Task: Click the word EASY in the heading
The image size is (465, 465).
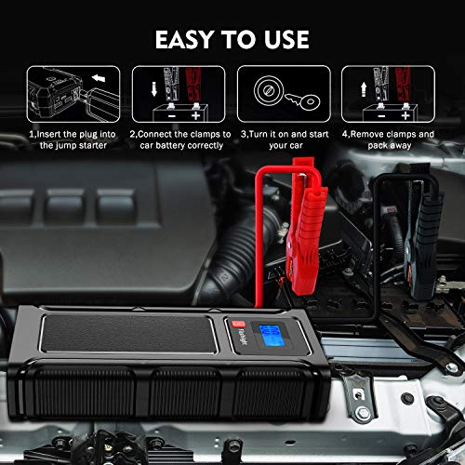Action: pyautogui.click(x=184, y=39)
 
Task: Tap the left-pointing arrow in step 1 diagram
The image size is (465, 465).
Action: pyautogui.click(x=99, y=78)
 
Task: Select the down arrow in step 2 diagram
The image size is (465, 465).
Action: pyautogui.click(x=154, y=89)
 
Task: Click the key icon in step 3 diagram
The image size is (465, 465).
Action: pyautogui.click(x=303, y=100)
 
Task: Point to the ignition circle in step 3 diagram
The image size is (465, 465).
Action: pyautogui.click(x=269, y=90)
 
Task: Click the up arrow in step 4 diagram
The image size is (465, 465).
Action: pyautogui.click(x=364, y=89)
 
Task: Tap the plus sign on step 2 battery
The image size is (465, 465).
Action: pyautogui.click(x=195, y=116)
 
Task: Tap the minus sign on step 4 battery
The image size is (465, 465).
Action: pyautogui.click(x=381, y=116)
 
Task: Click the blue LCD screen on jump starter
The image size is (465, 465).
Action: pyautogui.click(x=272, y=336)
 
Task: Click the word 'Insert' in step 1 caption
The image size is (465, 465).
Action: pyautogui.click(x=48, y=134)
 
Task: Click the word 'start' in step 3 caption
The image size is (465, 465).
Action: pyautogui.click(x=318, y=134)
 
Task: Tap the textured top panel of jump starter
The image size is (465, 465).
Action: pyautogui.click(x=128, y=334)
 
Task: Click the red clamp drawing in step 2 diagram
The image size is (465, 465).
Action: pyautogui.click(x=193, y=85)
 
